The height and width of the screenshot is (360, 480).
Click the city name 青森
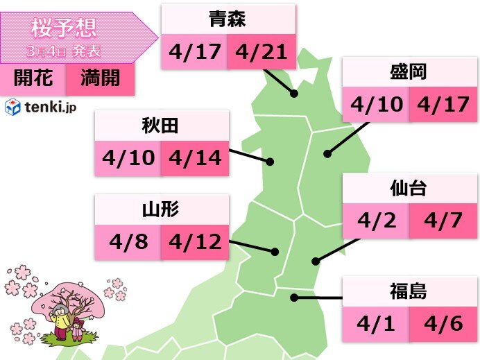(228, 19)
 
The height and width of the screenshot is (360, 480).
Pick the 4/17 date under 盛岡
(443, 105)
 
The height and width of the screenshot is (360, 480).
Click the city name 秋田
(162, 126)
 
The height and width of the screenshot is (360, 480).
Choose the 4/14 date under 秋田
(195, 157)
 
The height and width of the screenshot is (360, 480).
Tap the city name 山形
(162, 209)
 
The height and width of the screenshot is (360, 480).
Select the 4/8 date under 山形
(128, 241)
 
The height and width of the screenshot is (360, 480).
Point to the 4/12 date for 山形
(195, 241)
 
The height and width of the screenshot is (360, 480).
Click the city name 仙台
(409, 189)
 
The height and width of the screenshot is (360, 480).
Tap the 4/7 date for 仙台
(443, 222)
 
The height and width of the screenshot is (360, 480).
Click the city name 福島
(409, 291)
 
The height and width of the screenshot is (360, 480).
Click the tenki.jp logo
(33, 107)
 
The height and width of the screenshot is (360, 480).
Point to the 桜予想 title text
(64, 28)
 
